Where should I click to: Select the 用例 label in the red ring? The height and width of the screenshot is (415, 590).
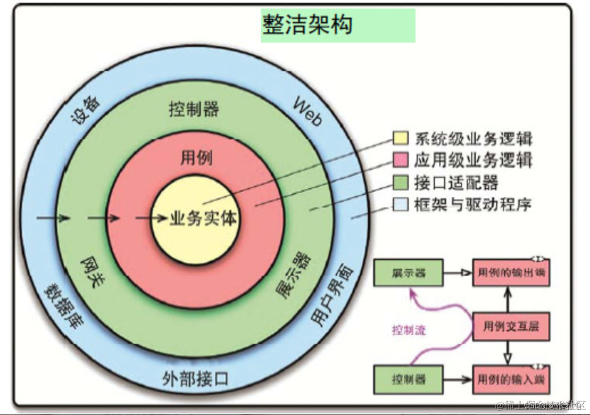coord(196,157)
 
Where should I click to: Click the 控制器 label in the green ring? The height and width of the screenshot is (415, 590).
coord(194,109)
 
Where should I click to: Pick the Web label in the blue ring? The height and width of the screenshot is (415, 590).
coord(308,111)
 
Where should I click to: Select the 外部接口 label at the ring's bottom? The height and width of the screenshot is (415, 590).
coord(195,378)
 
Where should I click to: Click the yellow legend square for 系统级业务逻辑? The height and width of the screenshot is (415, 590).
coord(400,139)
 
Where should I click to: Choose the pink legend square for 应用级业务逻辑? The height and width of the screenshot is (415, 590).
coord(400,160)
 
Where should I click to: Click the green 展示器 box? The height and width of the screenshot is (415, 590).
coord(408,273)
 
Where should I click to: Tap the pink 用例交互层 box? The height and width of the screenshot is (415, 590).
coord(511,327)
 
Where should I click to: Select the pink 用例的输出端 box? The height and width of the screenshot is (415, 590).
coord(511,273)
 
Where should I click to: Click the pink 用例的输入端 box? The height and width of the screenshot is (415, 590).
coord(511,380)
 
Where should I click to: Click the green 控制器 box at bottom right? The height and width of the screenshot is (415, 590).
coord(408,380)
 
